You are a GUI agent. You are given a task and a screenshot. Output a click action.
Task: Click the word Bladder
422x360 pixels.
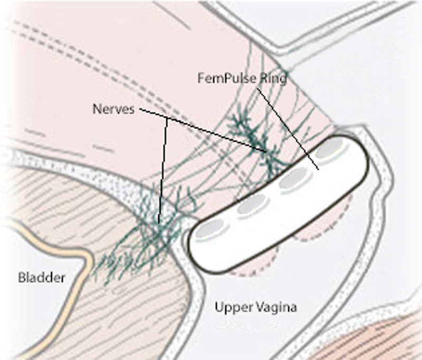coord(42,277)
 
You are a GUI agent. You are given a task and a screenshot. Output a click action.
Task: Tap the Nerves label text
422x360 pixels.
coord(113,109)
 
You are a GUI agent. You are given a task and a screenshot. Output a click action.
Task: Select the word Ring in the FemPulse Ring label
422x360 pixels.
coord(272,79)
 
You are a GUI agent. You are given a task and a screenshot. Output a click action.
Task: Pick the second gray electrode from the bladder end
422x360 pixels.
coord(252,204)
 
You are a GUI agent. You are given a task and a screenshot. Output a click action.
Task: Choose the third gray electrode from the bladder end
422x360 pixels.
coord(293,178)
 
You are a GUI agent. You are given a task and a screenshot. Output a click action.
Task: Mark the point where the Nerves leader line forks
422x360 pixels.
coord(167,119)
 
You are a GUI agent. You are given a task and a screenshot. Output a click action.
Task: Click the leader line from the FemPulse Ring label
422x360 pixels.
coord(288,129)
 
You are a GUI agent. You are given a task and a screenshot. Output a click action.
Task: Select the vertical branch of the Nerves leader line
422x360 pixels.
coord(163,171)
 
